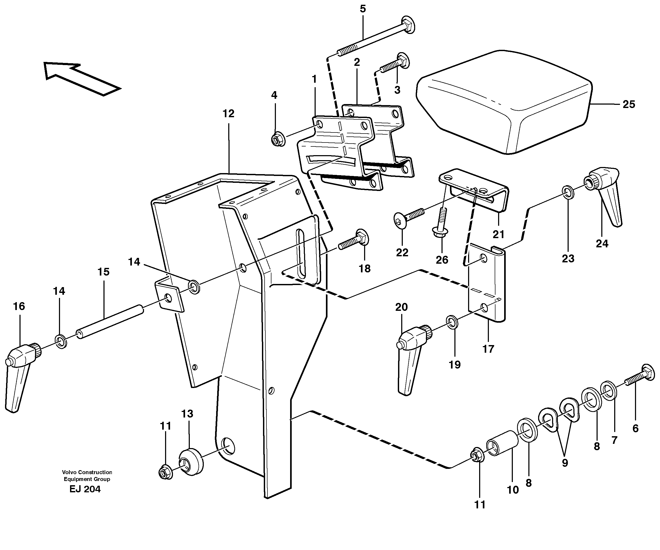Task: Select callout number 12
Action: pos(229,114)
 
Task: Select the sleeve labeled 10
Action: pos(502,443)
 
